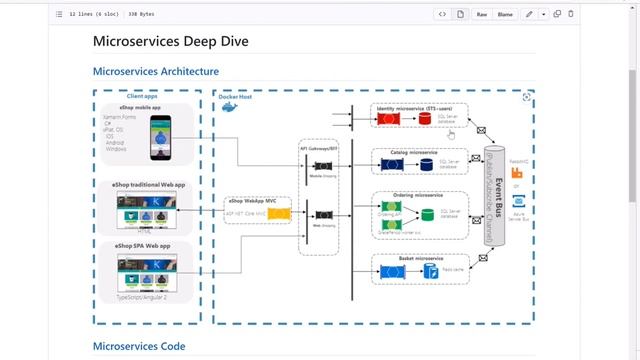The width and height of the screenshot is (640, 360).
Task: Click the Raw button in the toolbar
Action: coord(482,14)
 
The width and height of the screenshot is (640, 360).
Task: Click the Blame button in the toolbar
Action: coord(506,14)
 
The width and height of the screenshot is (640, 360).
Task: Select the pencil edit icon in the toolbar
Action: coord(529,14)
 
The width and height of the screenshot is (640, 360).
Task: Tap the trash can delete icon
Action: coord(571,14)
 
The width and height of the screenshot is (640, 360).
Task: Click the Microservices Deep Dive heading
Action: coord(170,42)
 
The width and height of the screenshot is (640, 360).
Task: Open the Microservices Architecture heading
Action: coord(155,71)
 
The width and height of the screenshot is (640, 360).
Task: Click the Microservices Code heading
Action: coord(138,346)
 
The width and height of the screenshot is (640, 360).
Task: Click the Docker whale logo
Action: coord(229,106)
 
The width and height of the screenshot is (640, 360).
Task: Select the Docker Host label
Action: coord(238,97)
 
